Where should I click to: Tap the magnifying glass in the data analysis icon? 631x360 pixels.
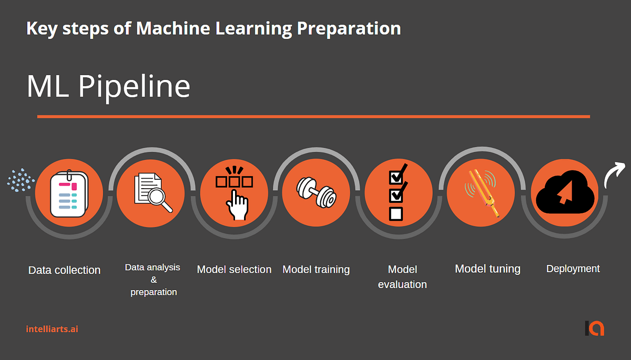point(160,200)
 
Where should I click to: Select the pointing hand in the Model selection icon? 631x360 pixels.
point(238,205)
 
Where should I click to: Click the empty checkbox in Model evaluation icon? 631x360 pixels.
point(396,213)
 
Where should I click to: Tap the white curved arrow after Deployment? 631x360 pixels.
point(614,174)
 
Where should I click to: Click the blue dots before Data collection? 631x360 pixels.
point(20,180)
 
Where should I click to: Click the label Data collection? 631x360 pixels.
point(64,270)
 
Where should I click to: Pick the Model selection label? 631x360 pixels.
point(234,270)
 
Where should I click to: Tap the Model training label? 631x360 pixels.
point(316,270)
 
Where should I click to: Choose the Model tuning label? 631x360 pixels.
point(487,269)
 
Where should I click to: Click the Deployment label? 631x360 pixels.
point(573,269)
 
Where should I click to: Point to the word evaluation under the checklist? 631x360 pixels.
point(402,285)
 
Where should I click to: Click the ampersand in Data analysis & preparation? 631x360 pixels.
point(154,280)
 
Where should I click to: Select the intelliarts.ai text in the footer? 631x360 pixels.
point(52,329)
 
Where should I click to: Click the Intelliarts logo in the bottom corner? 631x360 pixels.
point(595,328)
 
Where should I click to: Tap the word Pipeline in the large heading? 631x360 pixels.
point(134,87)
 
